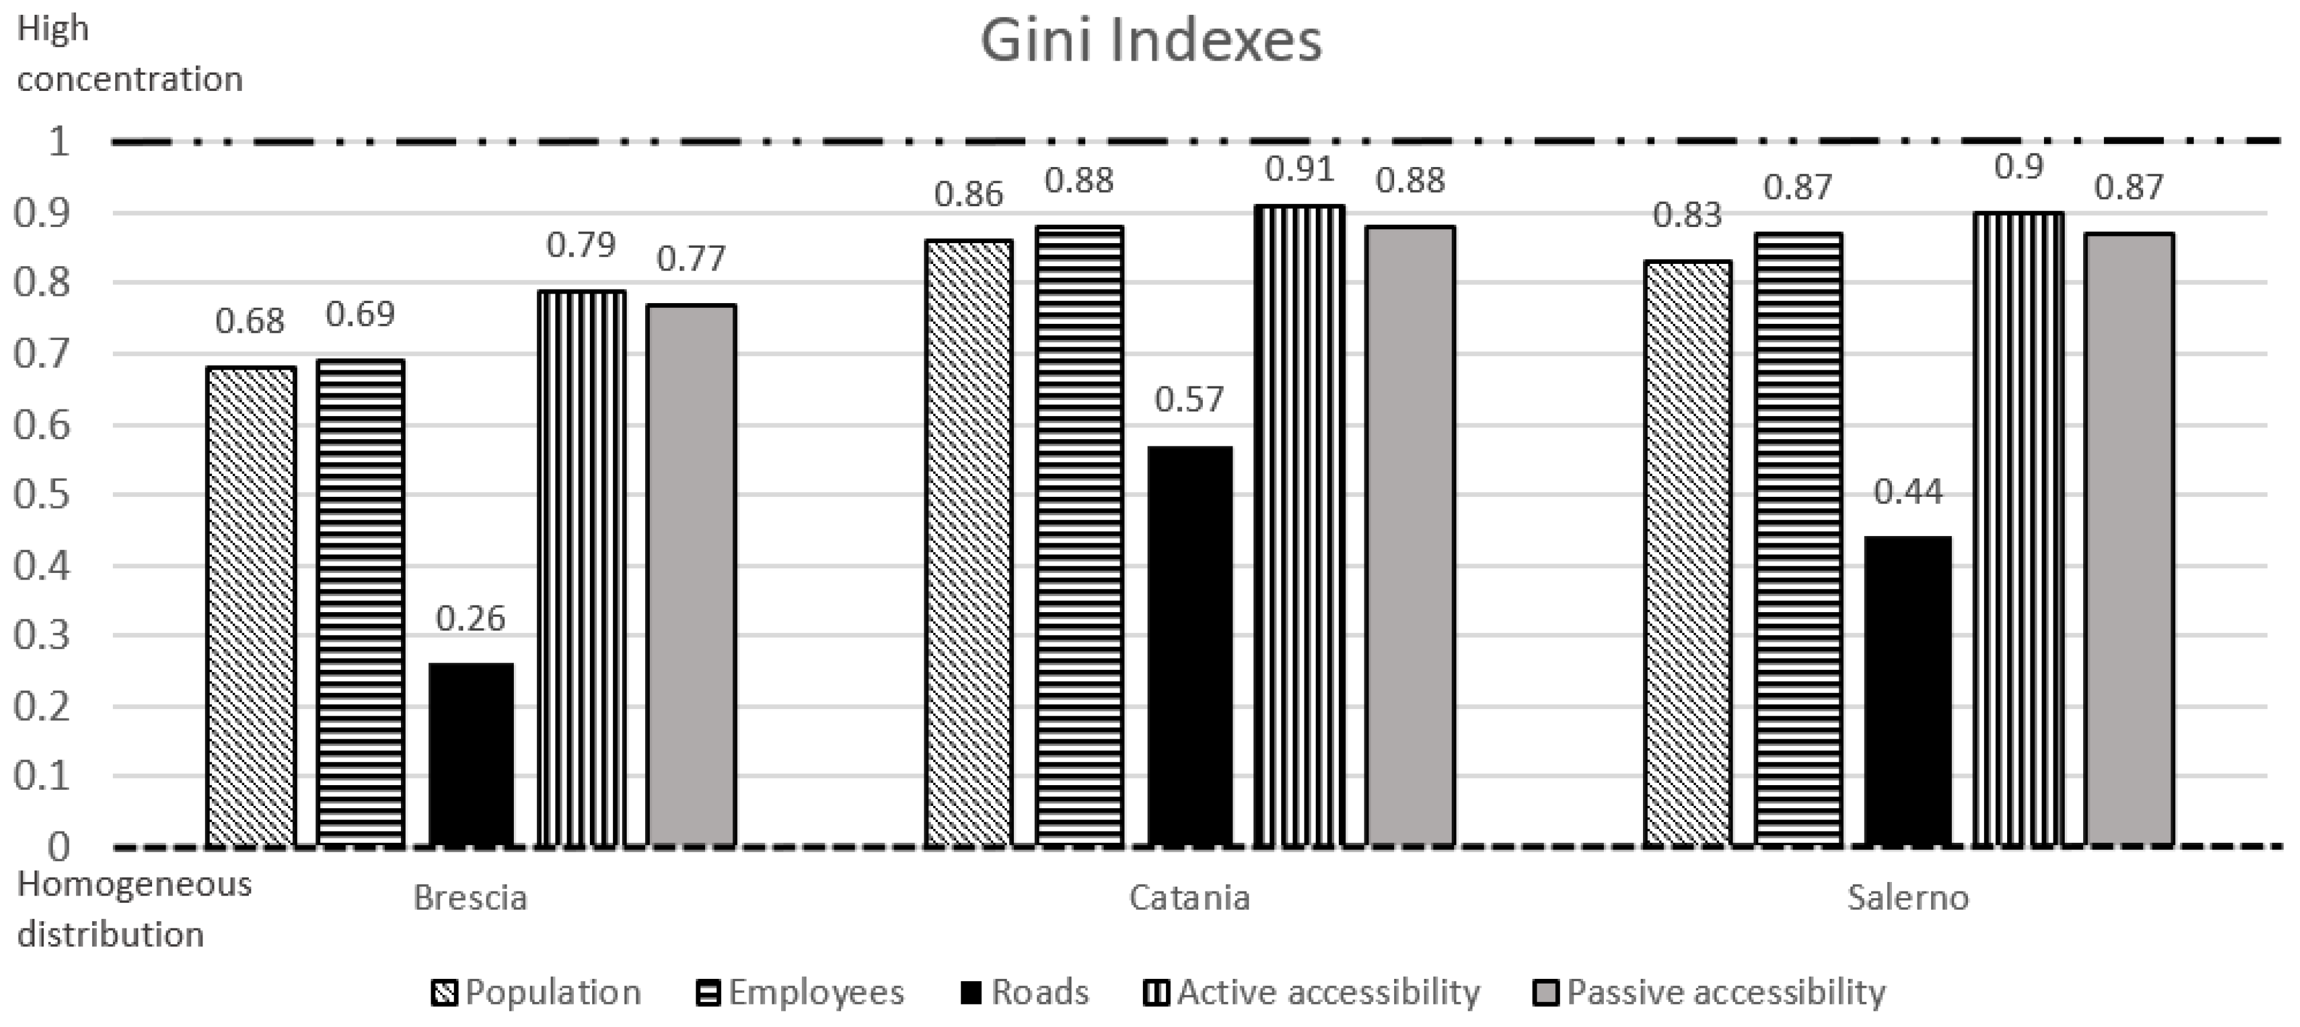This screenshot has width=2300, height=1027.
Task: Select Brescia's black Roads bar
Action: (472, 755)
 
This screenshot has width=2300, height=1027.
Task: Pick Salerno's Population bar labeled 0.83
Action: (1688, 554)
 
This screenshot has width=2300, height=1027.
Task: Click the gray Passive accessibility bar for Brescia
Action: (692, 576)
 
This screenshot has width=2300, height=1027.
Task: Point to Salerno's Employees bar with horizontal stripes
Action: (1798, 540)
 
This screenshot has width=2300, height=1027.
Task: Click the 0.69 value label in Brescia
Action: (360, 314)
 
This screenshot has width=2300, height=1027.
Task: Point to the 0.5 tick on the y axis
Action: (43, 494)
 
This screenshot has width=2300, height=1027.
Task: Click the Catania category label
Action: (1189, 897)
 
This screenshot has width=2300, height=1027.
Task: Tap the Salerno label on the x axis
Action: (1908, 897)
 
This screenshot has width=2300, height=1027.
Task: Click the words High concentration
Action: (129, 53)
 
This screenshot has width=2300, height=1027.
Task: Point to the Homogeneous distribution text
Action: (134, 909)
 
